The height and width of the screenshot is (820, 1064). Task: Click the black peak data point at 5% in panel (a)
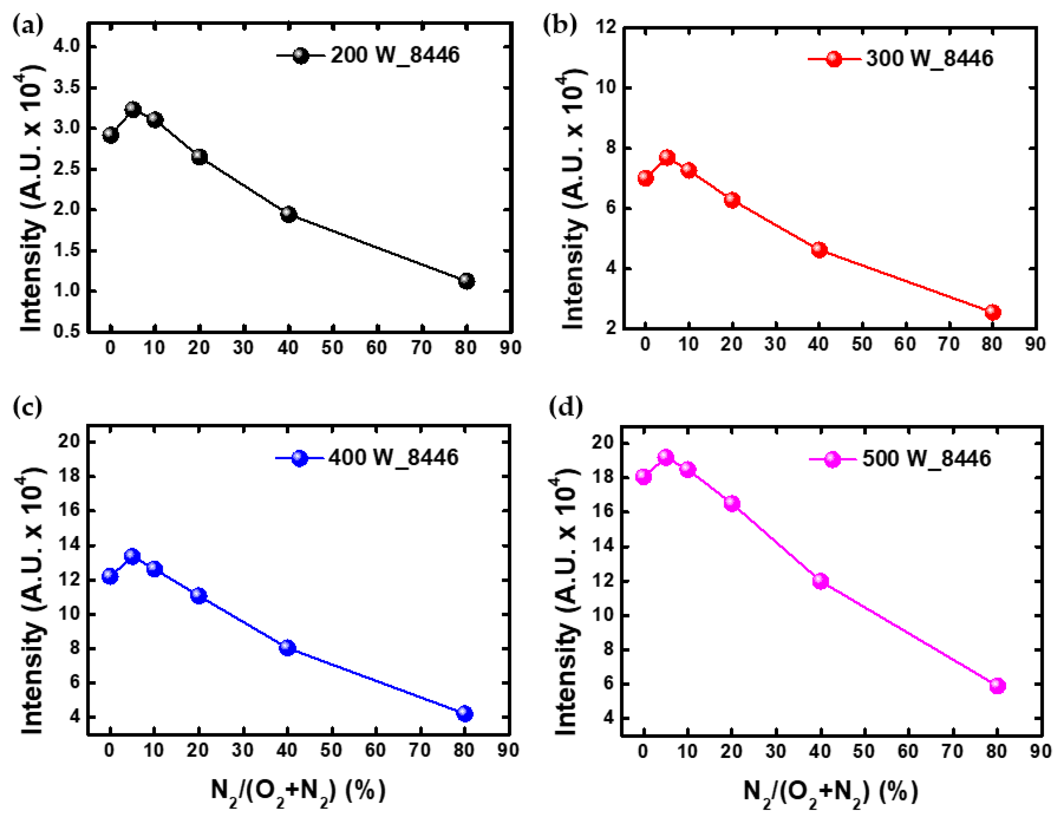pos(133,110)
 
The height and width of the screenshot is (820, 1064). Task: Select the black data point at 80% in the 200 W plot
pos(466,281)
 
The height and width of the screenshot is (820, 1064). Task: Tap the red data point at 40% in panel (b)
pos(819,250)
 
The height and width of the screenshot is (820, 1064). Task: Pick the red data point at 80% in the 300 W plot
pos(992,312)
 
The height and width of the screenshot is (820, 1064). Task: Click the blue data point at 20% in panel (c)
pos(199,596)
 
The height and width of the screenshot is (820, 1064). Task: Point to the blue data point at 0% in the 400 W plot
pos(110,577)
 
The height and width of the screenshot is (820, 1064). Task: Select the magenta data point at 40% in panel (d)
pos(821,581)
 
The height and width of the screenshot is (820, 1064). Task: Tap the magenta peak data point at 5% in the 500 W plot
pos(666,457)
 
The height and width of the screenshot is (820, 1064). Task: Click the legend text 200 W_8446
pos(395,55)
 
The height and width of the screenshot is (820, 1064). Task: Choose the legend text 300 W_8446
pos(929,58)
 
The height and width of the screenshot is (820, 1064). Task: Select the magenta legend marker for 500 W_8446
pos(833,459)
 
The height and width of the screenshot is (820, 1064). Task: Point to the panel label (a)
pos(28,24)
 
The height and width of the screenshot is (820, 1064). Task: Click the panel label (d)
pos(566,407)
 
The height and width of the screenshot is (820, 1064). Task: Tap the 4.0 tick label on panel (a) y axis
pos(67,46)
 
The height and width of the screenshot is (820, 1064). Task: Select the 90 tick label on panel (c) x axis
pos(508,750)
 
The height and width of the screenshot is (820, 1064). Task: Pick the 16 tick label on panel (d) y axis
pos(601,512)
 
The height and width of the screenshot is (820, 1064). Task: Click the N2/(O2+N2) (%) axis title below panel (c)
pos(298,791)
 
